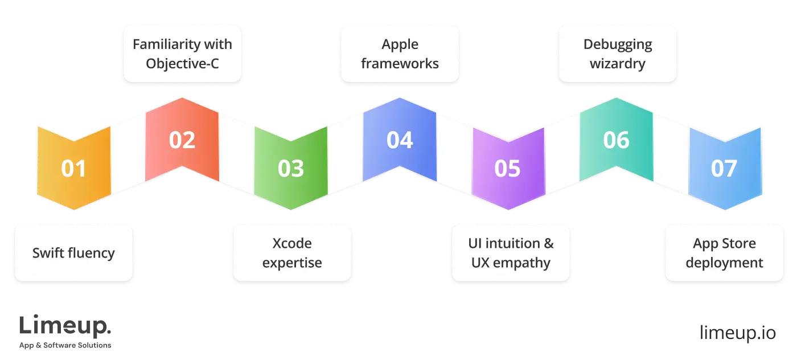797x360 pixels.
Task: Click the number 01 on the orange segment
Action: (x=73, y=169)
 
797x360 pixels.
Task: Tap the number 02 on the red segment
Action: (x=182, y=140)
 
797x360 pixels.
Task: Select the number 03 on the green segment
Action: (x=291, y=169)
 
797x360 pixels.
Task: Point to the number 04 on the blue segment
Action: (x=400, y=140)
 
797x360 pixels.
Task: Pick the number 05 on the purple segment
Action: (x=508, y=169)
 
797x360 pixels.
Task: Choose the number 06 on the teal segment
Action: (x=617, y=140)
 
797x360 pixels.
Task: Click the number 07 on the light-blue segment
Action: (x=724, y=169)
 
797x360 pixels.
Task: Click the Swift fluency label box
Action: (x=73, y=253)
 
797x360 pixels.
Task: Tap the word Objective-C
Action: (x=182, y=63)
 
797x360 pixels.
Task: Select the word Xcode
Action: (x=292, y=244)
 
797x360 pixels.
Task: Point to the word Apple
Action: (x=400, y=44)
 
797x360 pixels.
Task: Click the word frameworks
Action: (x=400, y=63)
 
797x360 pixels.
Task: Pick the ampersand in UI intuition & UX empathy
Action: (x=548, y=244)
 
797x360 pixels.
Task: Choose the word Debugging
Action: (x=618, y=44)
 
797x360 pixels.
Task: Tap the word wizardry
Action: (x=618, y=63)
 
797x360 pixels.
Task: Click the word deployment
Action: (x=724, y=263)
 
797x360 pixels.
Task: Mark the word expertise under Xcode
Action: (x=292, y=263)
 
